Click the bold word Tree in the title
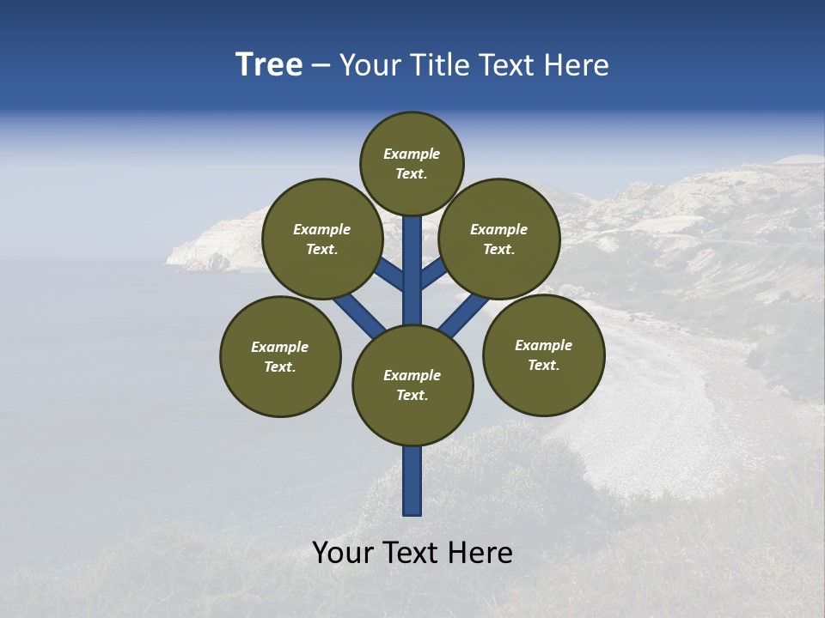click(269, 65)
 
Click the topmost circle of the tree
click(412, 163)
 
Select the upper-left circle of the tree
click(322, 239)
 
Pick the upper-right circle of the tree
click(499, 239)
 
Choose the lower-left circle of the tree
click(280, 356)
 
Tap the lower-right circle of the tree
click(543, 354)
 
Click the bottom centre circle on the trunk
click(412, 385)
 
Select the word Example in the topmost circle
click(412, 154)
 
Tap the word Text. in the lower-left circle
click(280, 367)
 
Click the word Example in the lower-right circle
click(543, 345)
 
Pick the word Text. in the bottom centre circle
click(412, 396)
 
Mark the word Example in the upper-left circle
click(322, 229)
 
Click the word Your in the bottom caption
click(344, 553)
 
